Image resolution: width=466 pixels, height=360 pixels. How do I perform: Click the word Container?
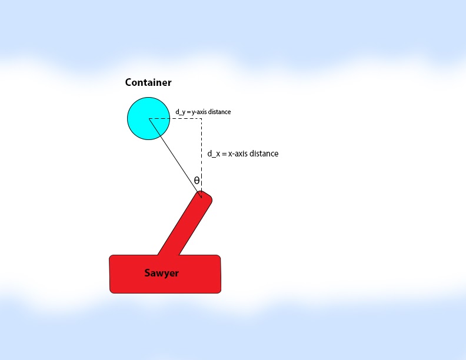pyautogui.click(x=148, y=82)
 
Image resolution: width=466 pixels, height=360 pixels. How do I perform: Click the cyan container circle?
pyautogui.click(x=149, y=118)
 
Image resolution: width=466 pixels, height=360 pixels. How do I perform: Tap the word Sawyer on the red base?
pyautogui.click(x=161, y=273)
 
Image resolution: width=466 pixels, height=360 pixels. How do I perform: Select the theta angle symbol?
pyautogui.click(x=197, y=181)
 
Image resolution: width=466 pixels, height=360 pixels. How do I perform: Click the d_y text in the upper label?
pyautogui.click(x=181, y=112)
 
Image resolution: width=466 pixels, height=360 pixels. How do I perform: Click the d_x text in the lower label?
pyautogui.click(x=214, y=154)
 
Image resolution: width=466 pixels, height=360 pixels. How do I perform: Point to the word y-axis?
pyautogui.click(x=199, y=112)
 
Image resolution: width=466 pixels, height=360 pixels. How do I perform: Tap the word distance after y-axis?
pyautogui.click(x=219, y=112)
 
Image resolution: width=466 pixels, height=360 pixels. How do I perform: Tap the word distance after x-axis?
pyautogui.click(x=264, y=154)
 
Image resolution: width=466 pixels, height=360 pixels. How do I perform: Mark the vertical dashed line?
pyautogui.click(x=201, y=158)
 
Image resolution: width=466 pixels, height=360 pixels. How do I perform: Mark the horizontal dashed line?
pyautogui.click(x=175, y=118)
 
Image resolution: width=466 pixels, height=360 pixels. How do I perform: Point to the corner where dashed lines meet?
pyautogui.click(x=201, y=118)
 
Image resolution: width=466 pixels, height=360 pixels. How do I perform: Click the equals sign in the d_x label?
pyautogui.click(x=224, y=154)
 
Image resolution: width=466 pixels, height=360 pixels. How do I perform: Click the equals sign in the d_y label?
pyautogui.click(x=188, y=112)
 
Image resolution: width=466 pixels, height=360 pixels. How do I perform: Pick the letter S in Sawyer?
pyautogui.click(x=148, y=273)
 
